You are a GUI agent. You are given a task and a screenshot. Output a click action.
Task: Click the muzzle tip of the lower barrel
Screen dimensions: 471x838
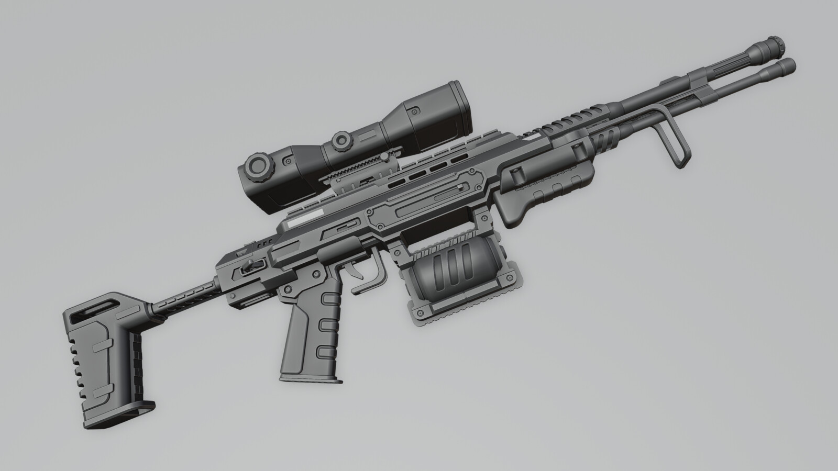point(788,65)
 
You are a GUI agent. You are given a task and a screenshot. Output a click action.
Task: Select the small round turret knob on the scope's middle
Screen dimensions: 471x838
point(341,140)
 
